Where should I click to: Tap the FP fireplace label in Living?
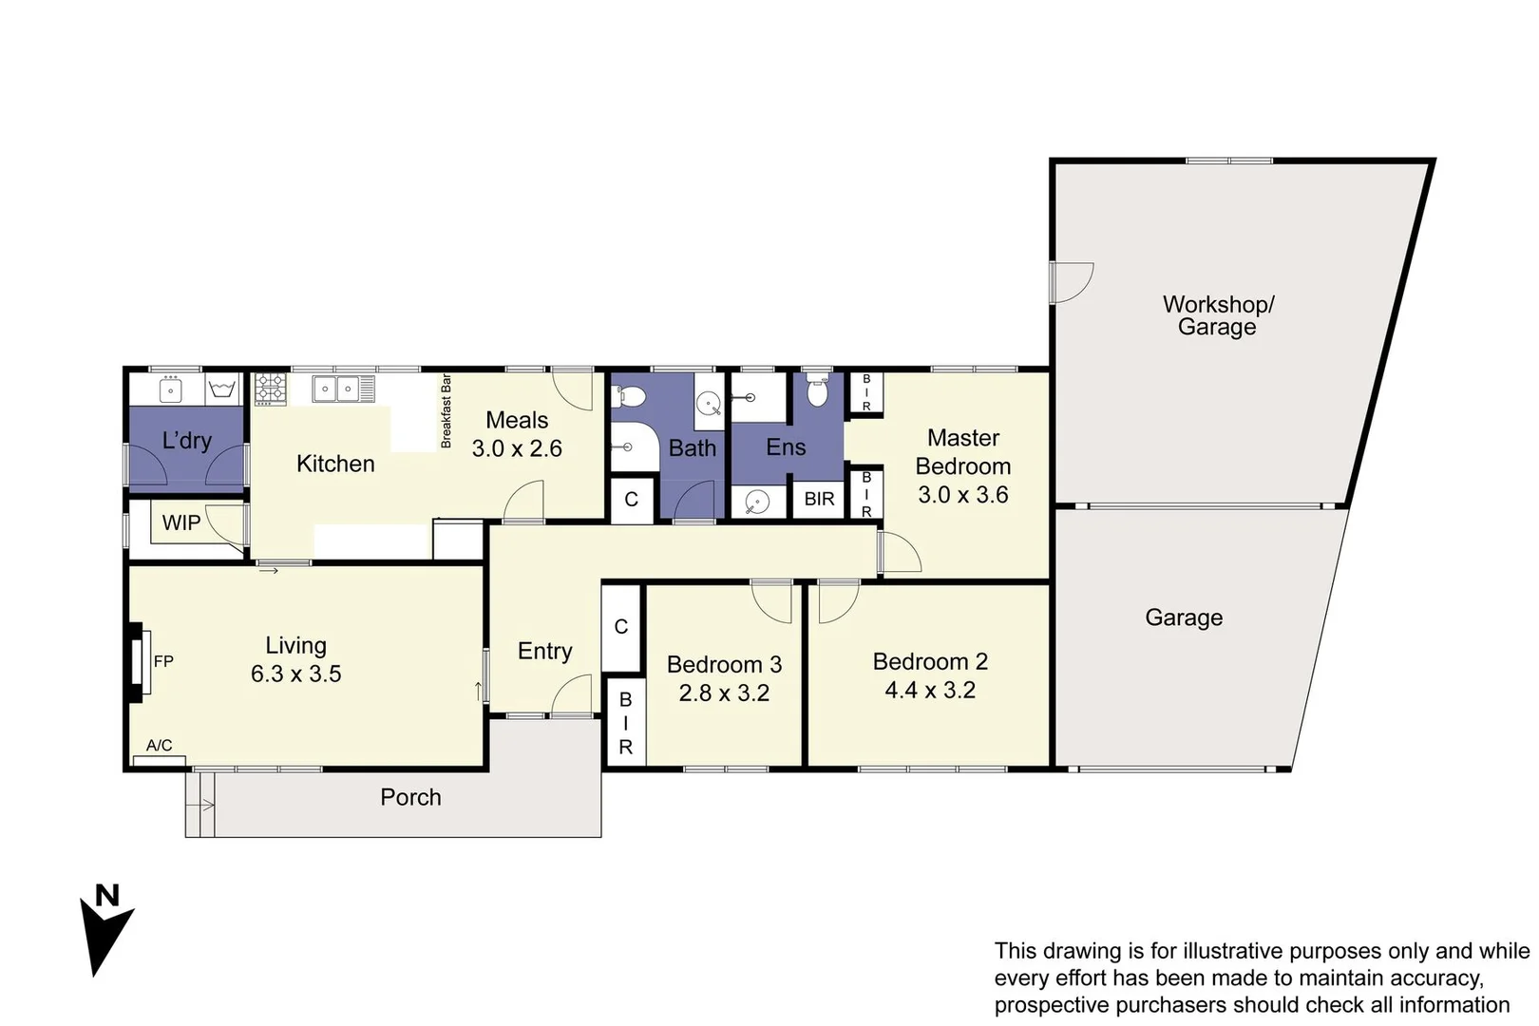click(x=163, y=661)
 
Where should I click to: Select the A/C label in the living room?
click(x=159, y=746)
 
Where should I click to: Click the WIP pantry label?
click(x=180, y=522)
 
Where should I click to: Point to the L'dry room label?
click(x=186, y=441)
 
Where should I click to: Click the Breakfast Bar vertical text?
click(x=446, y=411)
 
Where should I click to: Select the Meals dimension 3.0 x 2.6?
click(x=517, y=448)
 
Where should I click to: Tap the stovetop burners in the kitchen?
click(x=270, y=389)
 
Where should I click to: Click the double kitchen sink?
click(x=336, y=389)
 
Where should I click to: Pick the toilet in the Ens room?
click(x=817, y=391)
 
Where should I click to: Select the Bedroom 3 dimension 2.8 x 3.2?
click(x=724, y=693)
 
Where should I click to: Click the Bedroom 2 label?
click(x=930, y=661)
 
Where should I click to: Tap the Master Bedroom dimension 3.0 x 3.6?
click(x=962, y=494)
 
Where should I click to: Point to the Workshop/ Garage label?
click(x=1218, y=315)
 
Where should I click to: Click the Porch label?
click(x=410, y=797)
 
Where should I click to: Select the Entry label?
click(x=544, y=651)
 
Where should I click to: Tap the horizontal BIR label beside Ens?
click(x=819, y=499)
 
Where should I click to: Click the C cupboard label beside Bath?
click(x=631, y=500)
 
